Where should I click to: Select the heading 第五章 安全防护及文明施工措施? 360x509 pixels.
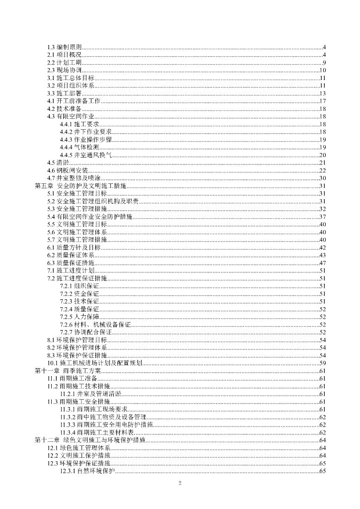[80, 185]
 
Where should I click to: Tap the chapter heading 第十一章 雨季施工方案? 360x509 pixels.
[68, 371]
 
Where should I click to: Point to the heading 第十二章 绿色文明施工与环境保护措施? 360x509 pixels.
[90, 440]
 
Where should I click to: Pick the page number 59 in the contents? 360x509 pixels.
[322, 363]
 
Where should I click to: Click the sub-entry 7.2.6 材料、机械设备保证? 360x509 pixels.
[95, 325]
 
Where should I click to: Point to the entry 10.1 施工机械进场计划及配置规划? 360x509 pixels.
[95, 363]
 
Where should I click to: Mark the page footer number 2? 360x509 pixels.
[180, 484]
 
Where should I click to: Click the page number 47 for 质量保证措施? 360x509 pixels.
[322, 262]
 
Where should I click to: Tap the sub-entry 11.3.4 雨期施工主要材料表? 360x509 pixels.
[100, 432]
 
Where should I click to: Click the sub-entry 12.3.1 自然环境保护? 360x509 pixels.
[88, 471]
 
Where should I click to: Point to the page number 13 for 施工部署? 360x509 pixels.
[322, 93]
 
